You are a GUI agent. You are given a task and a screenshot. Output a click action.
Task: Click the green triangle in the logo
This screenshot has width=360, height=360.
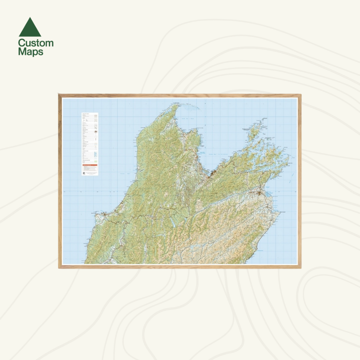29,28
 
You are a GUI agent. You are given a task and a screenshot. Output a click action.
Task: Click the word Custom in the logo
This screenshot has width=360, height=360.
35,43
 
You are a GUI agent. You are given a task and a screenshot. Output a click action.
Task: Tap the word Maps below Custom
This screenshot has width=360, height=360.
30,51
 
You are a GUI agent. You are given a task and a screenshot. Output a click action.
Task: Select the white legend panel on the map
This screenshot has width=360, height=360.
89,144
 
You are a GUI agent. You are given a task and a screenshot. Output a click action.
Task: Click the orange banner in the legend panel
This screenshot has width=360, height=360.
89,165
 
